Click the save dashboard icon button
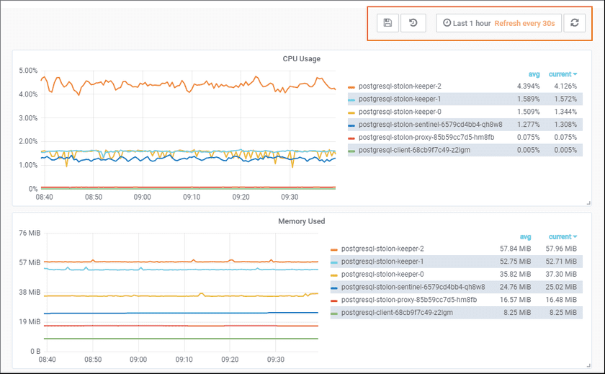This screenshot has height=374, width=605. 387,23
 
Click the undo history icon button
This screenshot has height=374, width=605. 413,23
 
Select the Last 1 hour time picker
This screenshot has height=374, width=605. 467,23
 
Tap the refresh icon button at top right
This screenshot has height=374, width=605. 574,23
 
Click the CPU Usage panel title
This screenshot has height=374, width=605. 301,58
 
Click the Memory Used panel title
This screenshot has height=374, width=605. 301,221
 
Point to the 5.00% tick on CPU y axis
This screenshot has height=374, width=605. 27,71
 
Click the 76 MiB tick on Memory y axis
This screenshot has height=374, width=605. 28,233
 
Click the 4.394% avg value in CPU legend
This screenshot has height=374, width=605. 528,86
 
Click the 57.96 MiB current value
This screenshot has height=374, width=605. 562,249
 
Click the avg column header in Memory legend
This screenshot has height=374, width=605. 525,236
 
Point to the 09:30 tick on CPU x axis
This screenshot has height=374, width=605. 290,197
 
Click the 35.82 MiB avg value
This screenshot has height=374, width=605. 516,274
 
